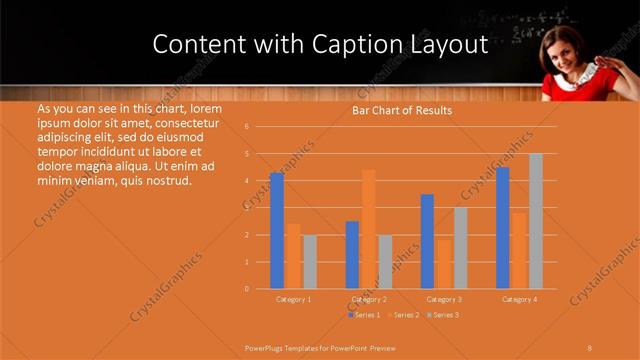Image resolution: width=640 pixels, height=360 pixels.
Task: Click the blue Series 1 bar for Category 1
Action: (277, 231)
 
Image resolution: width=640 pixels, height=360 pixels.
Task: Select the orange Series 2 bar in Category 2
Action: (368, 229)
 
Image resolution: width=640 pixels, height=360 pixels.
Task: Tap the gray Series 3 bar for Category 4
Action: (536, 221)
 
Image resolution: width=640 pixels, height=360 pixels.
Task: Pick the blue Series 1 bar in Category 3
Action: (427, 241)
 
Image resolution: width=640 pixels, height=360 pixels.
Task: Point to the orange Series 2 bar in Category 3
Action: (443, 264)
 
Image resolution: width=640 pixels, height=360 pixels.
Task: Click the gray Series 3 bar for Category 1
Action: (310, 262)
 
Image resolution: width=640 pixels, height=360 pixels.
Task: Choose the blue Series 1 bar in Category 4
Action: (503, 228)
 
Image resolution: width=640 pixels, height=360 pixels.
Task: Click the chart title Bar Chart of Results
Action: (402, 110)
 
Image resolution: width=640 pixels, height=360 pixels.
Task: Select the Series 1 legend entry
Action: (364, 315)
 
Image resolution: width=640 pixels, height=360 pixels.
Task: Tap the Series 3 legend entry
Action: (443, 315)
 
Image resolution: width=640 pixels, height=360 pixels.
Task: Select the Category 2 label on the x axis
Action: (369, 299)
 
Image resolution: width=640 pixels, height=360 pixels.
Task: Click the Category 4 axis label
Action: (519, 299)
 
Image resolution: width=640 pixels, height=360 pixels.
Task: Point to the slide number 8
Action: (589, 347)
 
